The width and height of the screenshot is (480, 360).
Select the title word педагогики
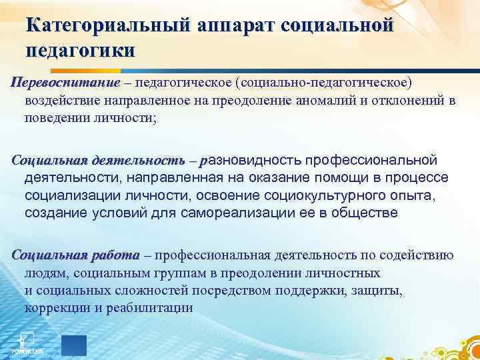80,50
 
